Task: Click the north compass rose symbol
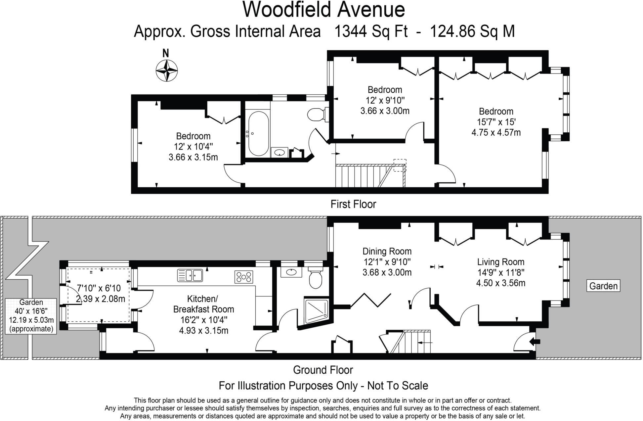[x=166, y=70]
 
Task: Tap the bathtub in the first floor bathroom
[x=258, y=133]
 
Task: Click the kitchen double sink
[x=190, y=275]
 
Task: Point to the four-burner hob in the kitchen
[x=244, y=277]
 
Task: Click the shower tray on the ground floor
[x=317, y=310]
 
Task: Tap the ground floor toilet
[x=315, y=279]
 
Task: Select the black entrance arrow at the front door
[x=535, y=342]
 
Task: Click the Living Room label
[x=500, y=262]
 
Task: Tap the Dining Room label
[x=387, y=251]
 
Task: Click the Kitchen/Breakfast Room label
[x=203, y=304]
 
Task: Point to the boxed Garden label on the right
[x=603, y=286]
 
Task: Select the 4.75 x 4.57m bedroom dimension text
[x=496, y=133]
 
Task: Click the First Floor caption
[x=353, y=204]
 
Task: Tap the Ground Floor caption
[x=323, y=370]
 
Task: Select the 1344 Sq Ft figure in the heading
[x=371, y=32]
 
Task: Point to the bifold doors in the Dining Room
[x=370, y=300]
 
